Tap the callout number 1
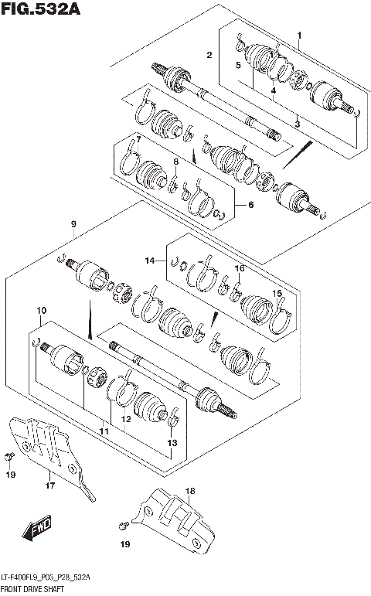pos(300,35)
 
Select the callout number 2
pos(209,54)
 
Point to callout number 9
pos(73,224)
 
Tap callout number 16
pos(240,268)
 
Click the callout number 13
pos(172,443)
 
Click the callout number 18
pos(190,491)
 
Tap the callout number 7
pos(138,139)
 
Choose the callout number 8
pos(175,162)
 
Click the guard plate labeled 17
pos(54,452)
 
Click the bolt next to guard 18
pos(124,526)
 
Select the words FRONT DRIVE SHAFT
pos(33,590)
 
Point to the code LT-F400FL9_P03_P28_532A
pos(46,578)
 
